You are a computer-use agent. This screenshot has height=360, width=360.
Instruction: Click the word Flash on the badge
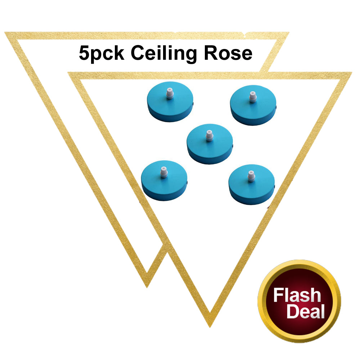[297, 296]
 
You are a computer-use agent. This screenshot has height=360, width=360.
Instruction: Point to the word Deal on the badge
[305, 311]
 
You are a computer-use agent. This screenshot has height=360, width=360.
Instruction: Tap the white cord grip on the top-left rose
[169, 93]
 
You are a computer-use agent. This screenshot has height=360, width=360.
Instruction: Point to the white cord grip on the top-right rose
[253, 97]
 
